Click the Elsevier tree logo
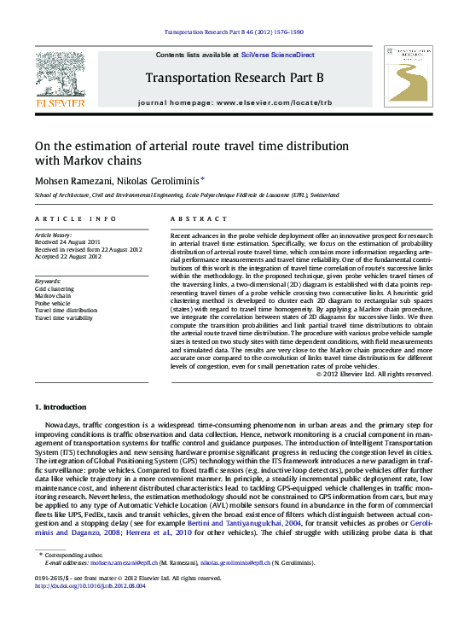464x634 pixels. (61, 76)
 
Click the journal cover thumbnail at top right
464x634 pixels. (409, 76)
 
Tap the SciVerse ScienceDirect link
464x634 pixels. (277, 55)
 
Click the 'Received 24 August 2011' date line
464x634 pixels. (67, 241)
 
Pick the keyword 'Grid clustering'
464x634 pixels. (54, 288)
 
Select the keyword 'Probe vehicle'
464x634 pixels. (53, 303)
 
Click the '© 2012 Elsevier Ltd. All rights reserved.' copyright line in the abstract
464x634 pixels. (374, 374)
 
